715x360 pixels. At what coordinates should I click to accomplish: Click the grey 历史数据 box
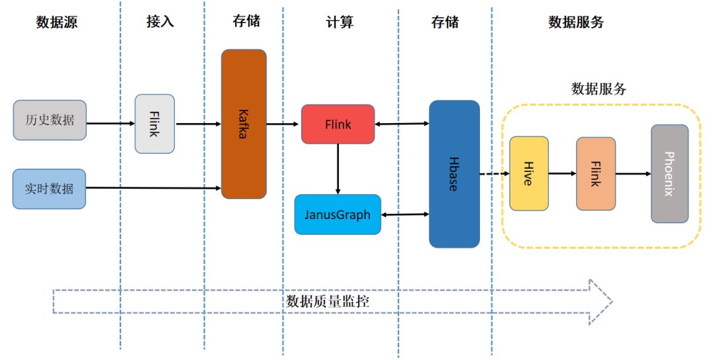click(x=50, y=120)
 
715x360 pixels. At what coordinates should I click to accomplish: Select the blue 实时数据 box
click(x=50, y=189)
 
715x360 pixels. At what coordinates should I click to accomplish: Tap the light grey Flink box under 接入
click(x=155, y=124)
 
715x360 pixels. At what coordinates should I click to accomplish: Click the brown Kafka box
click(x=244, y=124)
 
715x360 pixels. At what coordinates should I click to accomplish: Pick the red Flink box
click(x=338, y=124)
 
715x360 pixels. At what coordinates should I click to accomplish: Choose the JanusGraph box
click(x=338, y=214)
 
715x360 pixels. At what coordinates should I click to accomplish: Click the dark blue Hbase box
click(x=454, y=174)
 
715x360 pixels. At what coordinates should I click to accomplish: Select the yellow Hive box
click(x=529, y=173)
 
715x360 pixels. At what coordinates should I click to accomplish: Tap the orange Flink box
click(x=596, y=174)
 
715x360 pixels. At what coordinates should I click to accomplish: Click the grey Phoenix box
click(x=669, y=173)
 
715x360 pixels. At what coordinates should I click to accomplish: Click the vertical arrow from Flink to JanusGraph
click(x=338, y=169)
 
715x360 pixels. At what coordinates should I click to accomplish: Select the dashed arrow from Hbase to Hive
click(x=494, y=174)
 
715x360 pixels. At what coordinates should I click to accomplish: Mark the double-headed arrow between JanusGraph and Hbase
click(x=405, y=214)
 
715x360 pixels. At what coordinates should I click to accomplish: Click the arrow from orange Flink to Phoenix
click(x=633, y=174)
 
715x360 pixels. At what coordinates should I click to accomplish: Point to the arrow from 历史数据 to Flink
click(x=111, y=123)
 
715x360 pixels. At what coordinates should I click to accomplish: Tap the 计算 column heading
click(x=340, y=22)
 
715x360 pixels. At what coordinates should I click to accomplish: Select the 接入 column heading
click(x=160, y=22)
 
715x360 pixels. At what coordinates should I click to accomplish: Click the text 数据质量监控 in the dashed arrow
click(x=328, y=301)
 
